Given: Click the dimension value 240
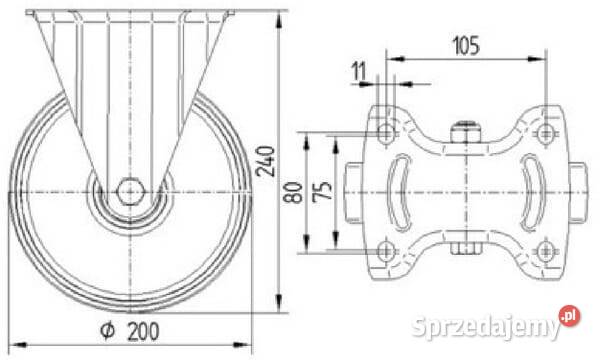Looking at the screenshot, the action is (266, 161).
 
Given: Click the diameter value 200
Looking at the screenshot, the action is (143, 331).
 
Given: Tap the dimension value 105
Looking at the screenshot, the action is (466, 46).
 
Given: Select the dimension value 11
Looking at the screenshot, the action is (359, 72).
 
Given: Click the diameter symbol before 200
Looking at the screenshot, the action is (107, 331).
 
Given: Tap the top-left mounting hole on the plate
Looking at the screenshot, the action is (386, 134).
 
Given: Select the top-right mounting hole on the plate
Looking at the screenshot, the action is (545, 134).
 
